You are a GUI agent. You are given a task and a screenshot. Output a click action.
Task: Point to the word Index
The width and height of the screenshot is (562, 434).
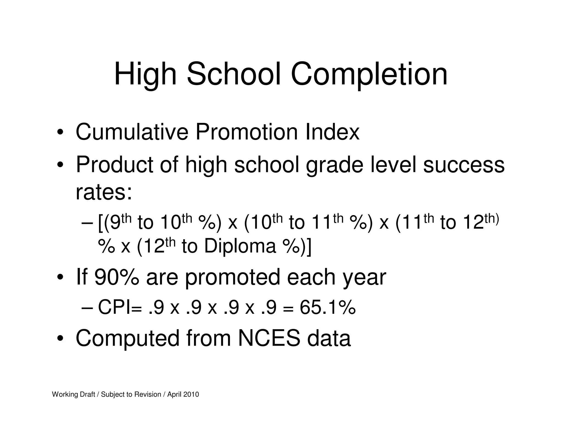click(x=332, y=132)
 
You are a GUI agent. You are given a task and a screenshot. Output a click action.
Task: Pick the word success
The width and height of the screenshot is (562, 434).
click(x=464, y=165)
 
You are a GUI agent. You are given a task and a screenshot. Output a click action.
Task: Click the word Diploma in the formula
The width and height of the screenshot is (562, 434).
click(x=240, y=246)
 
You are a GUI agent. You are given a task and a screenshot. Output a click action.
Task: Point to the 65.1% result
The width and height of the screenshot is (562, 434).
click(x=328, y=308)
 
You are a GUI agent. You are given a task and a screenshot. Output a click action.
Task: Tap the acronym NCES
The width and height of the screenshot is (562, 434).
click(x=269, y=338)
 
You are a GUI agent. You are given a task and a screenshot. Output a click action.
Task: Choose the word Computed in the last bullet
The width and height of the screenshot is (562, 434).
click(x=127, y=338)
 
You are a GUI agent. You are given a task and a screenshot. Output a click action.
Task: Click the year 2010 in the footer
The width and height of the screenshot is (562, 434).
click(x=191, y=394)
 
